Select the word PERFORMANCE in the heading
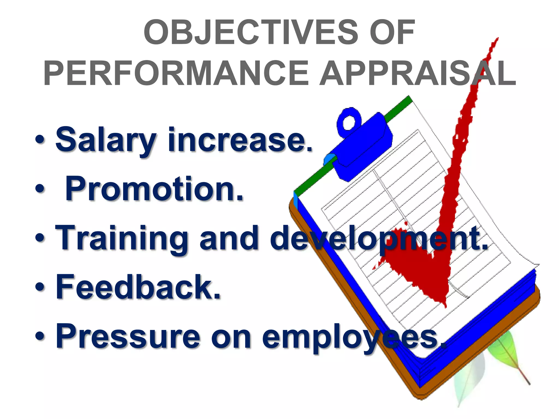[176, 73]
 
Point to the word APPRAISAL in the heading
[418, 73]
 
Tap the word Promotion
[154, 189]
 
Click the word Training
[121, 238]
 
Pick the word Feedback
[138, 287]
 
